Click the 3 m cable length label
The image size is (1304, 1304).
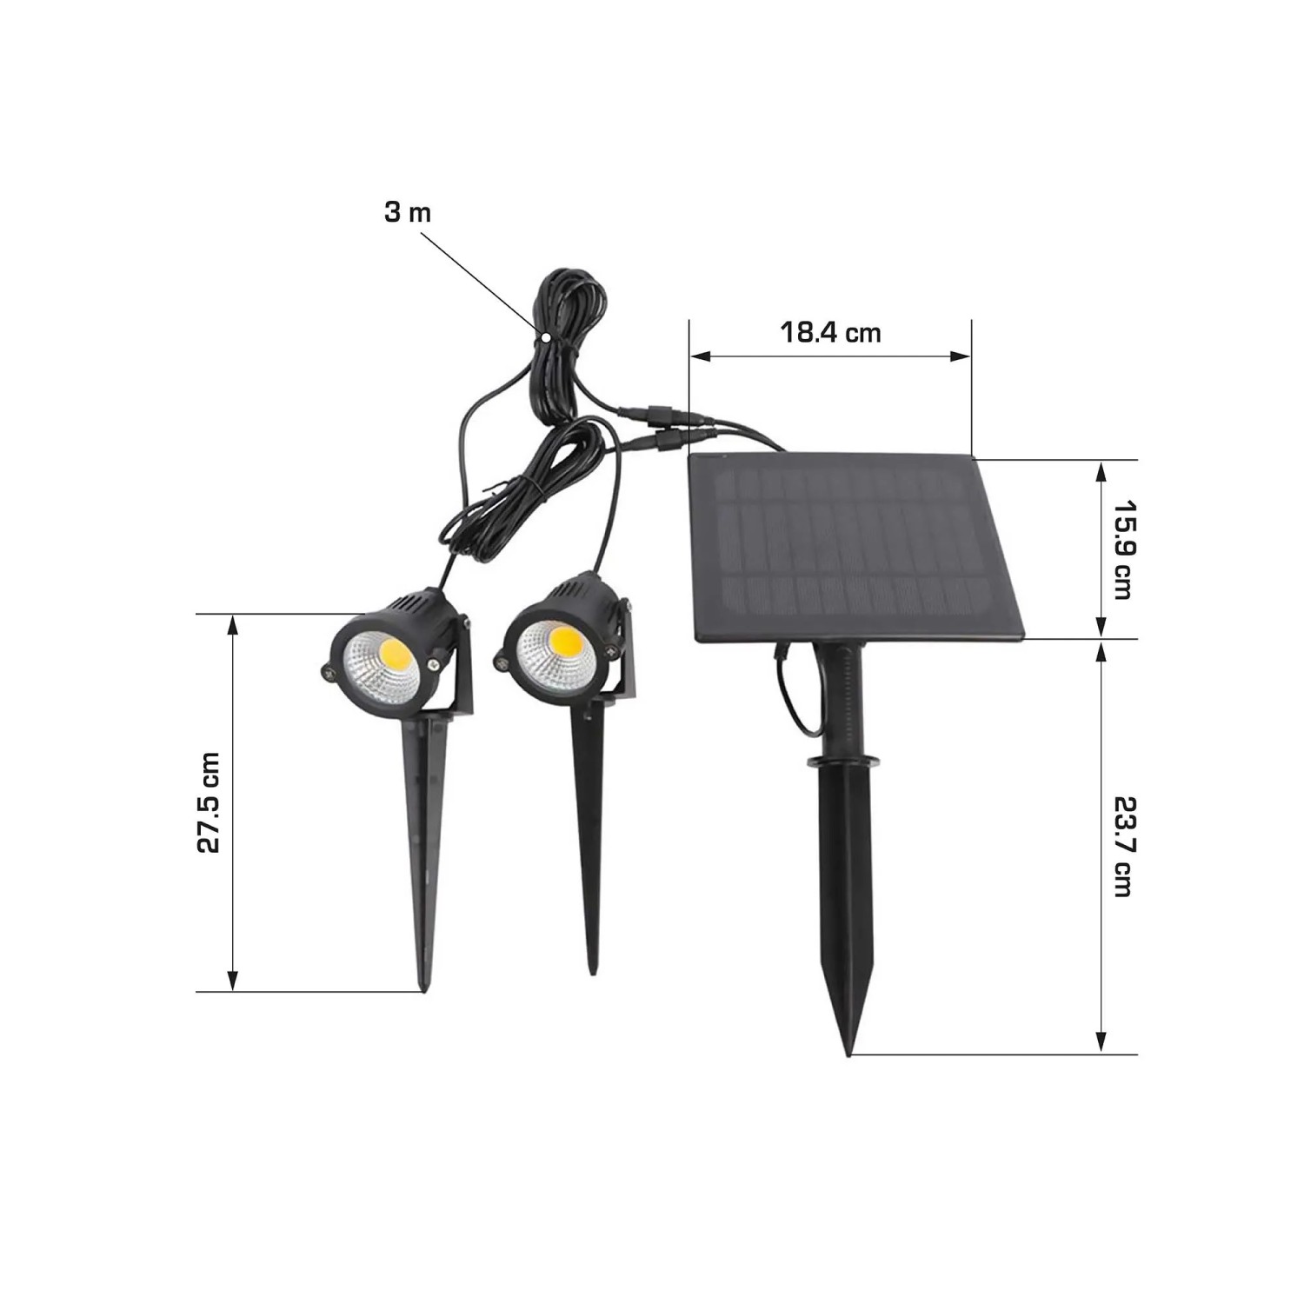click(407, 212)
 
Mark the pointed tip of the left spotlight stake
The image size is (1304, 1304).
click(424, 988)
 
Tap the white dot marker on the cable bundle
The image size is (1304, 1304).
click(545, 336)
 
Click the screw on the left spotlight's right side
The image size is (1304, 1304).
click(433, 665)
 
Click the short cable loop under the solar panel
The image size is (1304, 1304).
click(793, 695)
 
